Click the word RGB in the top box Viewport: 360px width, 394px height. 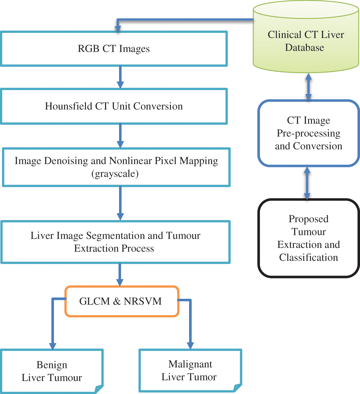click(88, 49)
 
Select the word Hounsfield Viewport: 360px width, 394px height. click(68, 106)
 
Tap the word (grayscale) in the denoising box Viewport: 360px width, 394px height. click(115, 174)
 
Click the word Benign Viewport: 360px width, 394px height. click(52, 365)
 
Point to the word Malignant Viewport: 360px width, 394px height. click(190, 365)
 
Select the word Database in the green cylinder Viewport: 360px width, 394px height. click(304, 47)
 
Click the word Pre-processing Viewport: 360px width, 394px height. click(308, 134)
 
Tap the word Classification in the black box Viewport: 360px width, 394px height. click(308, 257)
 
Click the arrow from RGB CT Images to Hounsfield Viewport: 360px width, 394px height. click(120, 77)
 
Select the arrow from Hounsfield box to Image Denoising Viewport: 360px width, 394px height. click(120, 136)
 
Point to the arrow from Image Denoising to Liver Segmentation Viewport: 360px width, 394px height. click(120, 203)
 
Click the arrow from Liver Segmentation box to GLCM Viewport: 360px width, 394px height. click(120, 275)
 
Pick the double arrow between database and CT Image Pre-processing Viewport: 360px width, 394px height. click(308, 87)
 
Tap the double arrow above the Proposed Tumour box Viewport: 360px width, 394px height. click(307, 183)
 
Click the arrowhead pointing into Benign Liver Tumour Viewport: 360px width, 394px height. click(53, 347)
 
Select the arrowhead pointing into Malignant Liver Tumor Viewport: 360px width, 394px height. click(190, 346)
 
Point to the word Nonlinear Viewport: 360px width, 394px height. click(130, 161)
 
